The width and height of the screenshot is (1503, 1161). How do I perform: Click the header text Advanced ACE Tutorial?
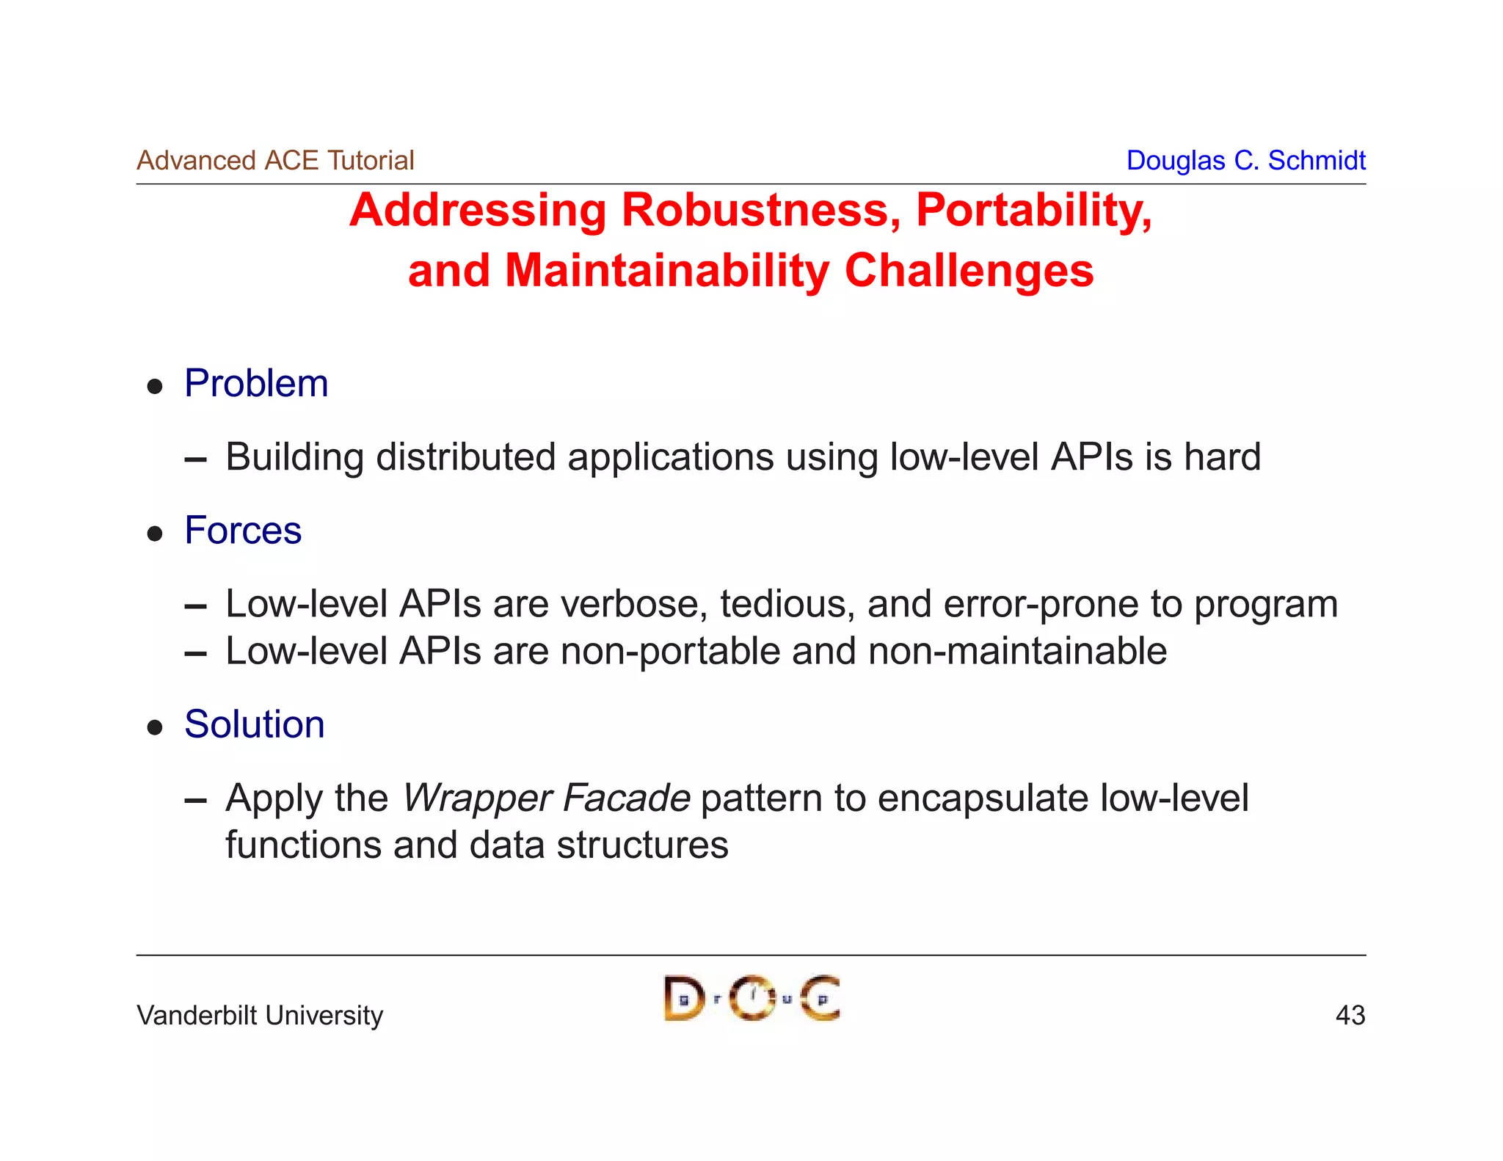coord(275,160)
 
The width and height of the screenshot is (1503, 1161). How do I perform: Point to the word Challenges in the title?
coord(969,270)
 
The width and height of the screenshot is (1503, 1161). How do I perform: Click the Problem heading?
coord(256,384)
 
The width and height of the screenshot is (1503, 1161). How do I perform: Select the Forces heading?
coord(243,531)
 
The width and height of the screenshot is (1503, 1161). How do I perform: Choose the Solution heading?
coord(254,725)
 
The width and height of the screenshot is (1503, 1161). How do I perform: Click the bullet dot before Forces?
coord(154,534)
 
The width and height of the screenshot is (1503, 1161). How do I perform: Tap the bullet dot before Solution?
coord(154,727)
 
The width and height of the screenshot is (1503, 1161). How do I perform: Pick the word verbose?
coord(634,604)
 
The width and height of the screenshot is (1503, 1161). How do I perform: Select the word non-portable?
coord(669,652)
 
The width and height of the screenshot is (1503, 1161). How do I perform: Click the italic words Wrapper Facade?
coord(546,798)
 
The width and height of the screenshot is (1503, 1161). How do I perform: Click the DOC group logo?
coord(751,998)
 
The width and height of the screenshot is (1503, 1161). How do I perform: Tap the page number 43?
coord(1350,1016)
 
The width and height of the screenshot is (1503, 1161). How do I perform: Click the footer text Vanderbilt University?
coord(260,1016)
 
